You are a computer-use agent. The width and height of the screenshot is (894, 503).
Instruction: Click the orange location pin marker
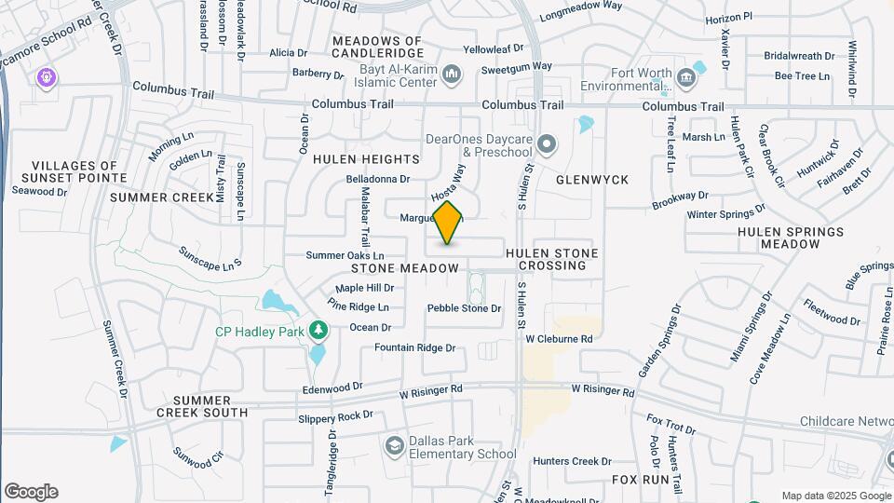tap(448, 223)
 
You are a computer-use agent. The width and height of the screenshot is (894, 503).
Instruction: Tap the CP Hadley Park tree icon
tap(319, 331)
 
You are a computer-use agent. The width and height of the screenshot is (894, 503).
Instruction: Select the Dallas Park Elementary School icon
tap(395, 447)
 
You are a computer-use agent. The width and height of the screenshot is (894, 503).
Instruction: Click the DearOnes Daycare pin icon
tap(547, 144)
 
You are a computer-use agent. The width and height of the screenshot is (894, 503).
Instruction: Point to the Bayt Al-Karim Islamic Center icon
tap(452, 74)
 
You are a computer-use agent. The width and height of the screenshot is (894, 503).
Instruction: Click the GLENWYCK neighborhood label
tap(592, 179)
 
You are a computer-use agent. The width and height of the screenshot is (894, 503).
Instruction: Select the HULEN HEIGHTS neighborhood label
tap(366, 159)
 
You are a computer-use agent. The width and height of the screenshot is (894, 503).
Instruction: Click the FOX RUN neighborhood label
tap(641, 479)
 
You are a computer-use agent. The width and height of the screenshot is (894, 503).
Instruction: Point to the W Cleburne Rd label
tap(559, 339)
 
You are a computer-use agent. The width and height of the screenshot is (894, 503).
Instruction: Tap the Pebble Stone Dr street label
tap(464, 308)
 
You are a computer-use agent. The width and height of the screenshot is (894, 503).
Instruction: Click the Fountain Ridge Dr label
tap(414, 347)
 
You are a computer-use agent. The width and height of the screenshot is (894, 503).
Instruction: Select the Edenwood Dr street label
tap(332, 387)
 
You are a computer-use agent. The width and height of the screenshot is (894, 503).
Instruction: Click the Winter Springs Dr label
tap(725, 214)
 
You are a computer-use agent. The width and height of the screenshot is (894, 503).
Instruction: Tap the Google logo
tap(31, 492)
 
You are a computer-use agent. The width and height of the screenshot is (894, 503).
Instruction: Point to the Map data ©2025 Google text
tap(836, 496)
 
